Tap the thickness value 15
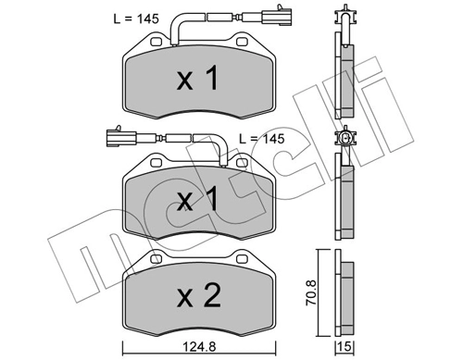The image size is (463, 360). (345, 349)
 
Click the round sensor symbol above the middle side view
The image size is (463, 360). (345, 140)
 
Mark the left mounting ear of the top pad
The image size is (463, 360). (151, 43)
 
